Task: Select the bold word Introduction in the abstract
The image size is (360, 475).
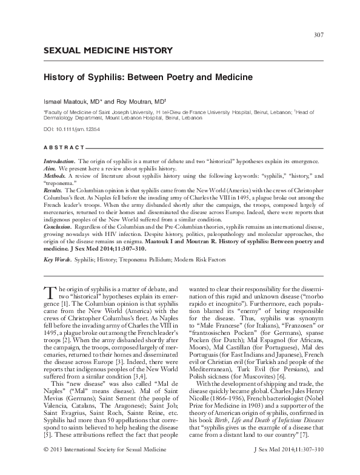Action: tap(57, 160)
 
